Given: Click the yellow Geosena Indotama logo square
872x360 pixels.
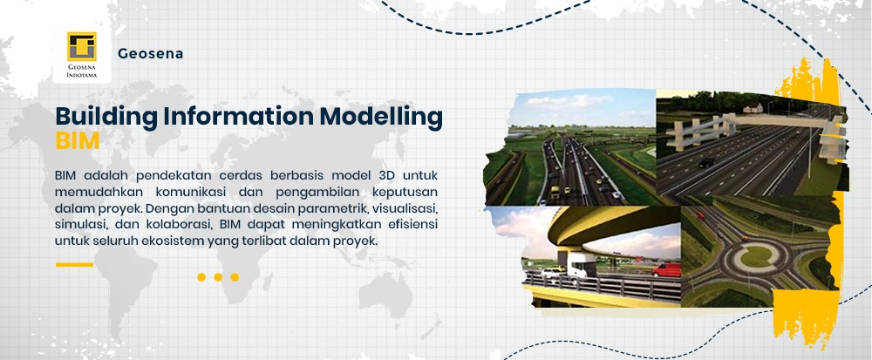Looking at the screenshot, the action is tap(82, 46).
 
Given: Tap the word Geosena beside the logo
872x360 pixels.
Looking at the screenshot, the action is tap(150, 54).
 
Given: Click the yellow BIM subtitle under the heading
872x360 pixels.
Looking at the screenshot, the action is tap(78, 141).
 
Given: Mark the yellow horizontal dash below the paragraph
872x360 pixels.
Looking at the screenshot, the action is tap(74, 264).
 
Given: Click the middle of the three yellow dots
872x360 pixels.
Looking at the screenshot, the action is tap(218, 277).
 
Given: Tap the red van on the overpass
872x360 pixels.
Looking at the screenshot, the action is tap(666, 270).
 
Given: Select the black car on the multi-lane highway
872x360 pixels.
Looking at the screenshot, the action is tap(706, 163).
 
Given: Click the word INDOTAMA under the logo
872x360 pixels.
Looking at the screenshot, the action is tap(82, 74).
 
